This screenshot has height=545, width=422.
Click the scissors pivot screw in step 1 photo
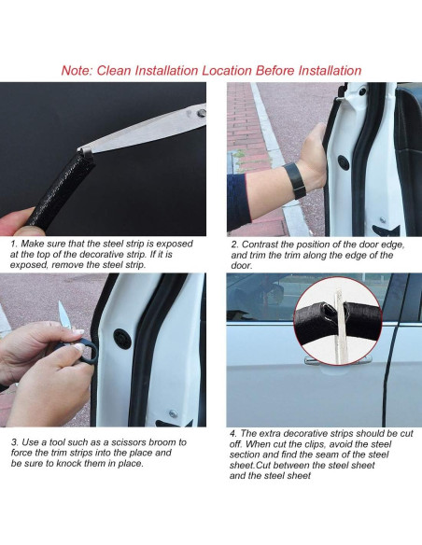click(202, 113)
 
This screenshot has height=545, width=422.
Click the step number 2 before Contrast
click(234, 245)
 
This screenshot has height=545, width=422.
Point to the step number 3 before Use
click(15, 442)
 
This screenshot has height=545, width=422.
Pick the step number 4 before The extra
click(232, 434)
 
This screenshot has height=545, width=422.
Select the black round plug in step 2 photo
click(345, 162)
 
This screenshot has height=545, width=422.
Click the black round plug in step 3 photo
click(122, 339)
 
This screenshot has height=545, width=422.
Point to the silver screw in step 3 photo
click(173, 413)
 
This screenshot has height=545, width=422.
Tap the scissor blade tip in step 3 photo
click(60, 302)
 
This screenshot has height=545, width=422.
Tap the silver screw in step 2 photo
click(383, 219)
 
